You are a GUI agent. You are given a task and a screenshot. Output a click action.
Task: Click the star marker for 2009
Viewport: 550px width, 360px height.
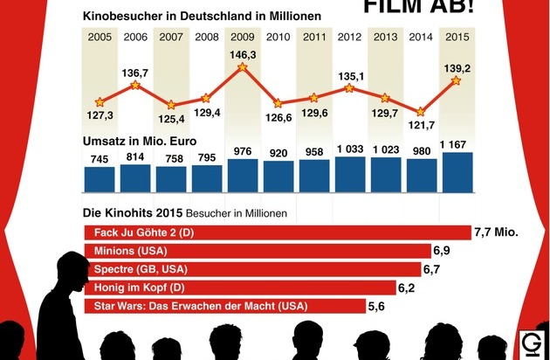pyautogui.click(x=242, y=67)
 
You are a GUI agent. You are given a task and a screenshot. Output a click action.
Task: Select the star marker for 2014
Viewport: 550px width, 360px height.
pyautogui.click(x=422, y=112)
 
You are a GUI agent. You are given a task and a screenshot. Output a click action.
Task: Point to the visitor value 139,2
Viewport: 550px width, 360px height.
pyautogui.click(x=457, y=66)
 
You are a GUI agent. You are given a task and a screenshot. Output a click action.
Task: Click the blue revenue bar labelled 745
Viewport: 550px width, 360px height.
pyautogui.click(x=100, y=178)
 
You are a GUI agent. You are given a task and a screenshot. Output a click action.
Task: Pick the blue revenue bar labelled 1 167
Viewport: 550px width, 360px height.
pyautogui.click(x=457, y=172)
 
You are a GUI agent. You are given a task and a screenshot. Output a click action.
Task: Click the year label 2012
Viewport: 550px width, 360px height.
pyautogui.click(x=350, y=37)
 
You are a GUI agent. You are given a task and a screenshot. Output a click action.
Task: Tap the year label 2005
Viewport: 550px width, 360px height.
pyautogui.click(x=100, y=37)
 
